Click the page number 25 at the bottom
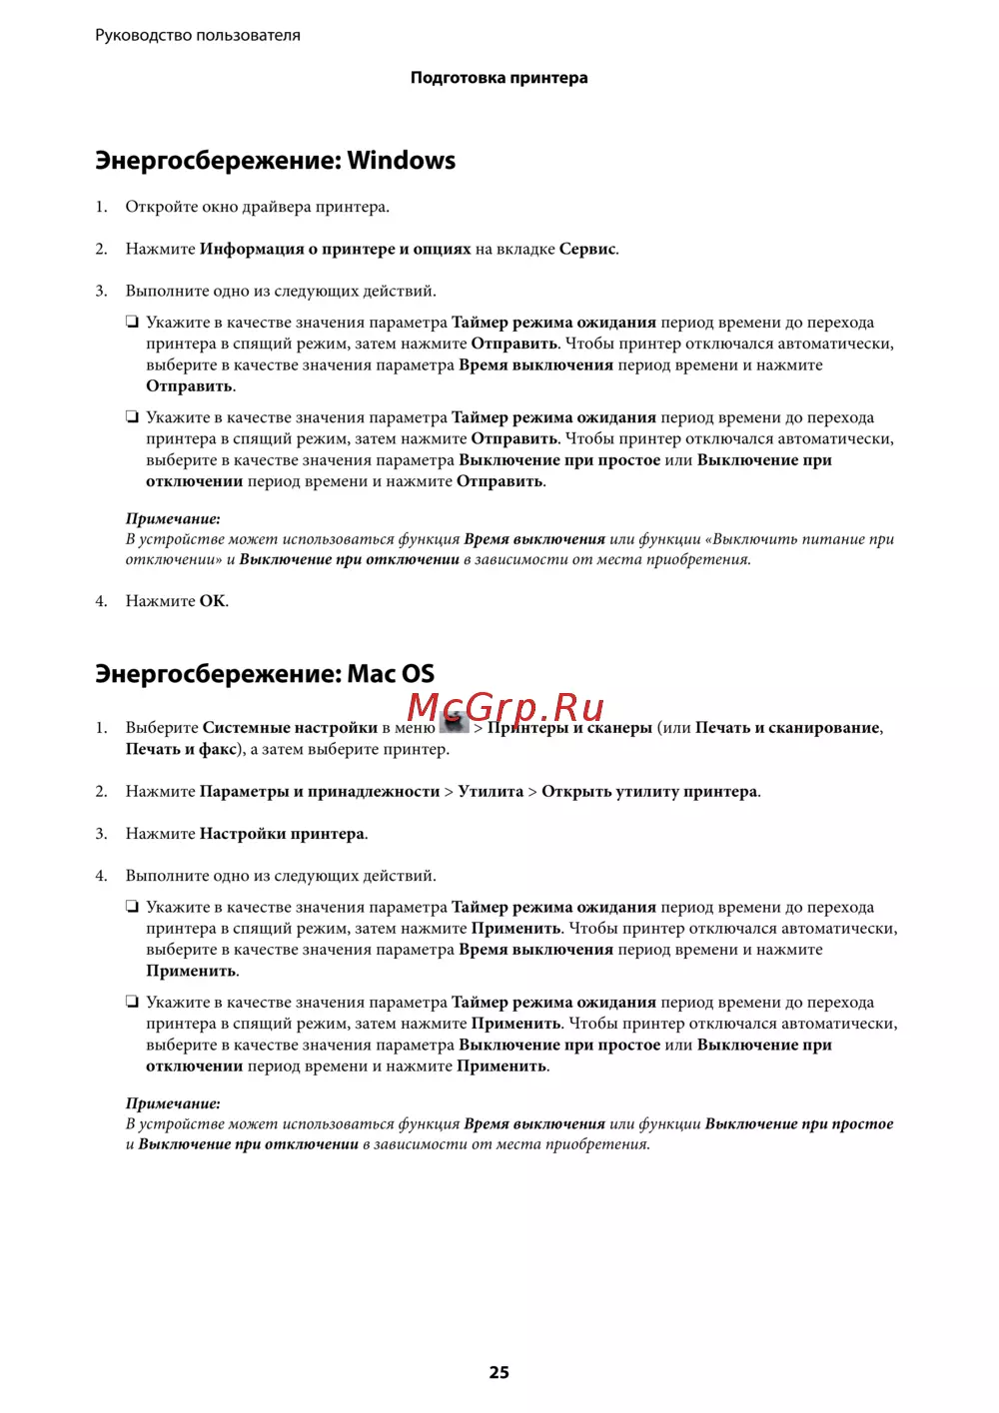point(499,1372)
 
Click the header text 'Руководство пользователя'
point(198,35)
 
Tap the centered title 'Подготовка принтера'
point(499,78)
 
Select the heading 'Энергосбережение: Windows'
point(275,161)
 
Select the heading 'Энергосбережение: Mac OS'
point(265,674)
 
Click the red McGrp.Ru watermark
point(505,707)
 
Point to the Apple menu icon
point(454,723)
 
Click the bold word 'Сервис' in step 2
point(587,249)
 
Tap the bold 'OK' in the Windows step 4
point(212,601)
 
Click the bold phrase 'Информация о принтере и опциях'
point(335,249)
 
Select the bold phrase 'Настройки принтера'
point(282,834)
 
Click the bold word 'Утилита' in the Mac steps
point(491,792)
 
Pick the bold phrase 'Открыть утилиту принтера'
point(649,792)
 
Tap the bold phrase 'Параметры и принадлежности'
point(320,792)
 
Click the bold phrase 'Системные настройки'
point(290,728)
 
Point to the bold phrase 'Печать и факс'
point(181,749)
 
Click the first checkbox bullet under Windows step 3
point(132,322)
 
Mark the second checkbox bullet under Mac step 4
point(132,1002)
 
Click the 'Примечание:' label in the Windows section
point(173,519)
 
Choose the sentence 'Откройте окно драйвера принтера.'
point(257,207)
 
